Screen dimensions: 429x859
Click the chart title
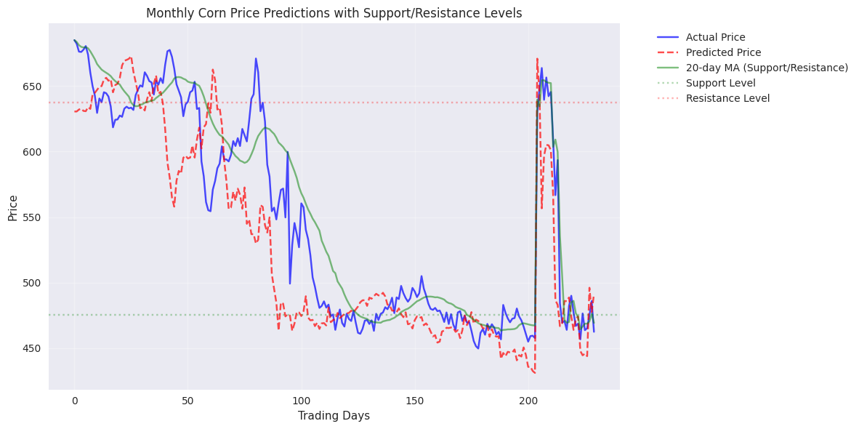[334, 13]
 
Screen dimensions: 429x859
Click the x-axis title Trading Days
[334, 416]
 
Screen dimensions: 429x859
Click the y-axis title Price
[13, 207]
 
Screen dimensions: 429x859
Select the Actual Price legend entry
[715, 37]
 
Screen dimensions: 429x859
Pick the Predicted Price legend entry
[723, 52]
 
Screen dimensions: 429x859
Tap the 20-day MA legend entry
[767, 68]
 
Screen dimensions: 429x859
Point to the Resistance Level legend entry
[727, 98]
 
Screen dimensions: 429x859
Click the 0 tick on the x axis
[74, 399]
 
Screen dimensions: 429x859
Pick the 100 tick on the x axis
[302, 399]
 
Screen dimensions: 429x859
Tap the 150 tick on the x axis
[415, 399]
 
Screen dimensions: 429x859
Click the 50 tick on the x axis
[187, 399]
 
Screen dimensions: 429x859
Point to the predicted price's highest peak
[537, 59]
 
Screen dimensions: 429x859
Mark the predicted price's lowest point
[535, 373]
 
